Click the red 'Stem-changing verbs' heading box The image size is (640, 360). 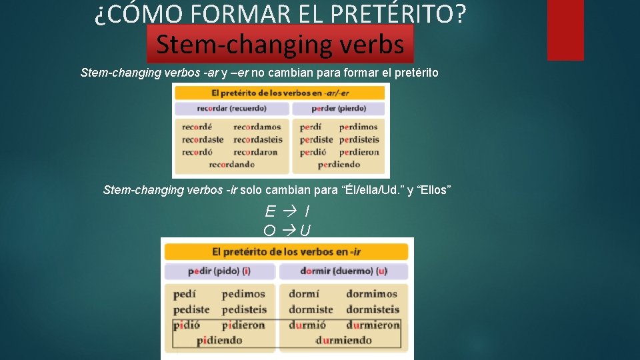280,45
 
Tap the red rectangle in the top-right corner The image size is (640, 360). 565,30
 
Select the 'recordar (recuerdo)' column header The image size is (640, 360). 232,108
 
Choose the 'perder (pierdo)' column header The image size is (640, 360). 338,108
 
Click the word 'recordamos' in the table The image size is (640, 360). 257,127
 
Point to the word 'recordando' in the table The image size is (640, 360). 231,164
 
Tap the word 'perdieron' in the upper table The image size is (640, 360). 359,152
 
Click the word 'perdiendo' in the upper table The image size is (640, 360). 339,164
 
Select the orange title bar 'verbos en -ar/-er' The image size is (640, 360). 280,93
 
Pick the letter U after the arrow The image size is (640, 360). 305,231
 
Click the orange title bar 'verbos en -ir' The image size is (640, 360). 286,252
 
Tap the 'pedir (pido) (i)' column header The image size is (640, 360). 219,271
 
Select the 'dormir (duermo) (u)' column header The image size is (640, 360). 343,271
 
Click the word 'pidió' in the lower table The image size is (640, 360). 186,325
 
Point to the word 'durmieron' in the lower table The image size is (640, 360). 373,325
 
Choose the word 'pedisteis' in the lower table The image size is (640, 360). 244,310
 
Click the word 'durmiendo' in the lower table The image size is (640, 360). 343,340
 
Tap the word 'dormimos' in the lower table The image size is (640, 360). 371,294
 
